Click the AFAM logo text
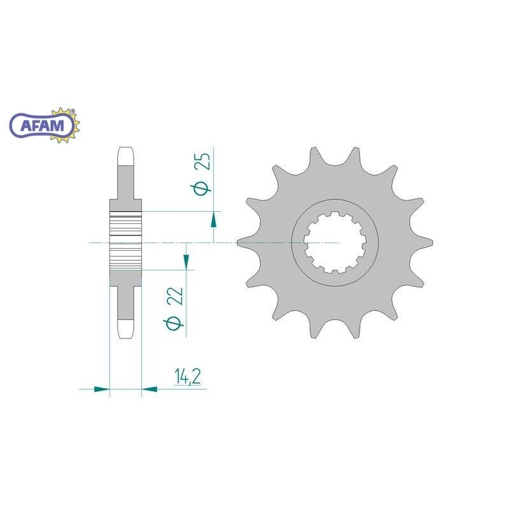click(42, 125)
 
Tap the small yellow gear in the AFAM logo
click(65, 125)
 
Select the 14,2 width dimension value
click(187, 377)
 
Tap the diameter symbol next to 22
click(174, 323)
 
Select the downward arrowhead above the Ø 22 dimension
click(186, 261)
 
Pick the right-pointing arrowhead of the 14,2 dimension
click(102, 389)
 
